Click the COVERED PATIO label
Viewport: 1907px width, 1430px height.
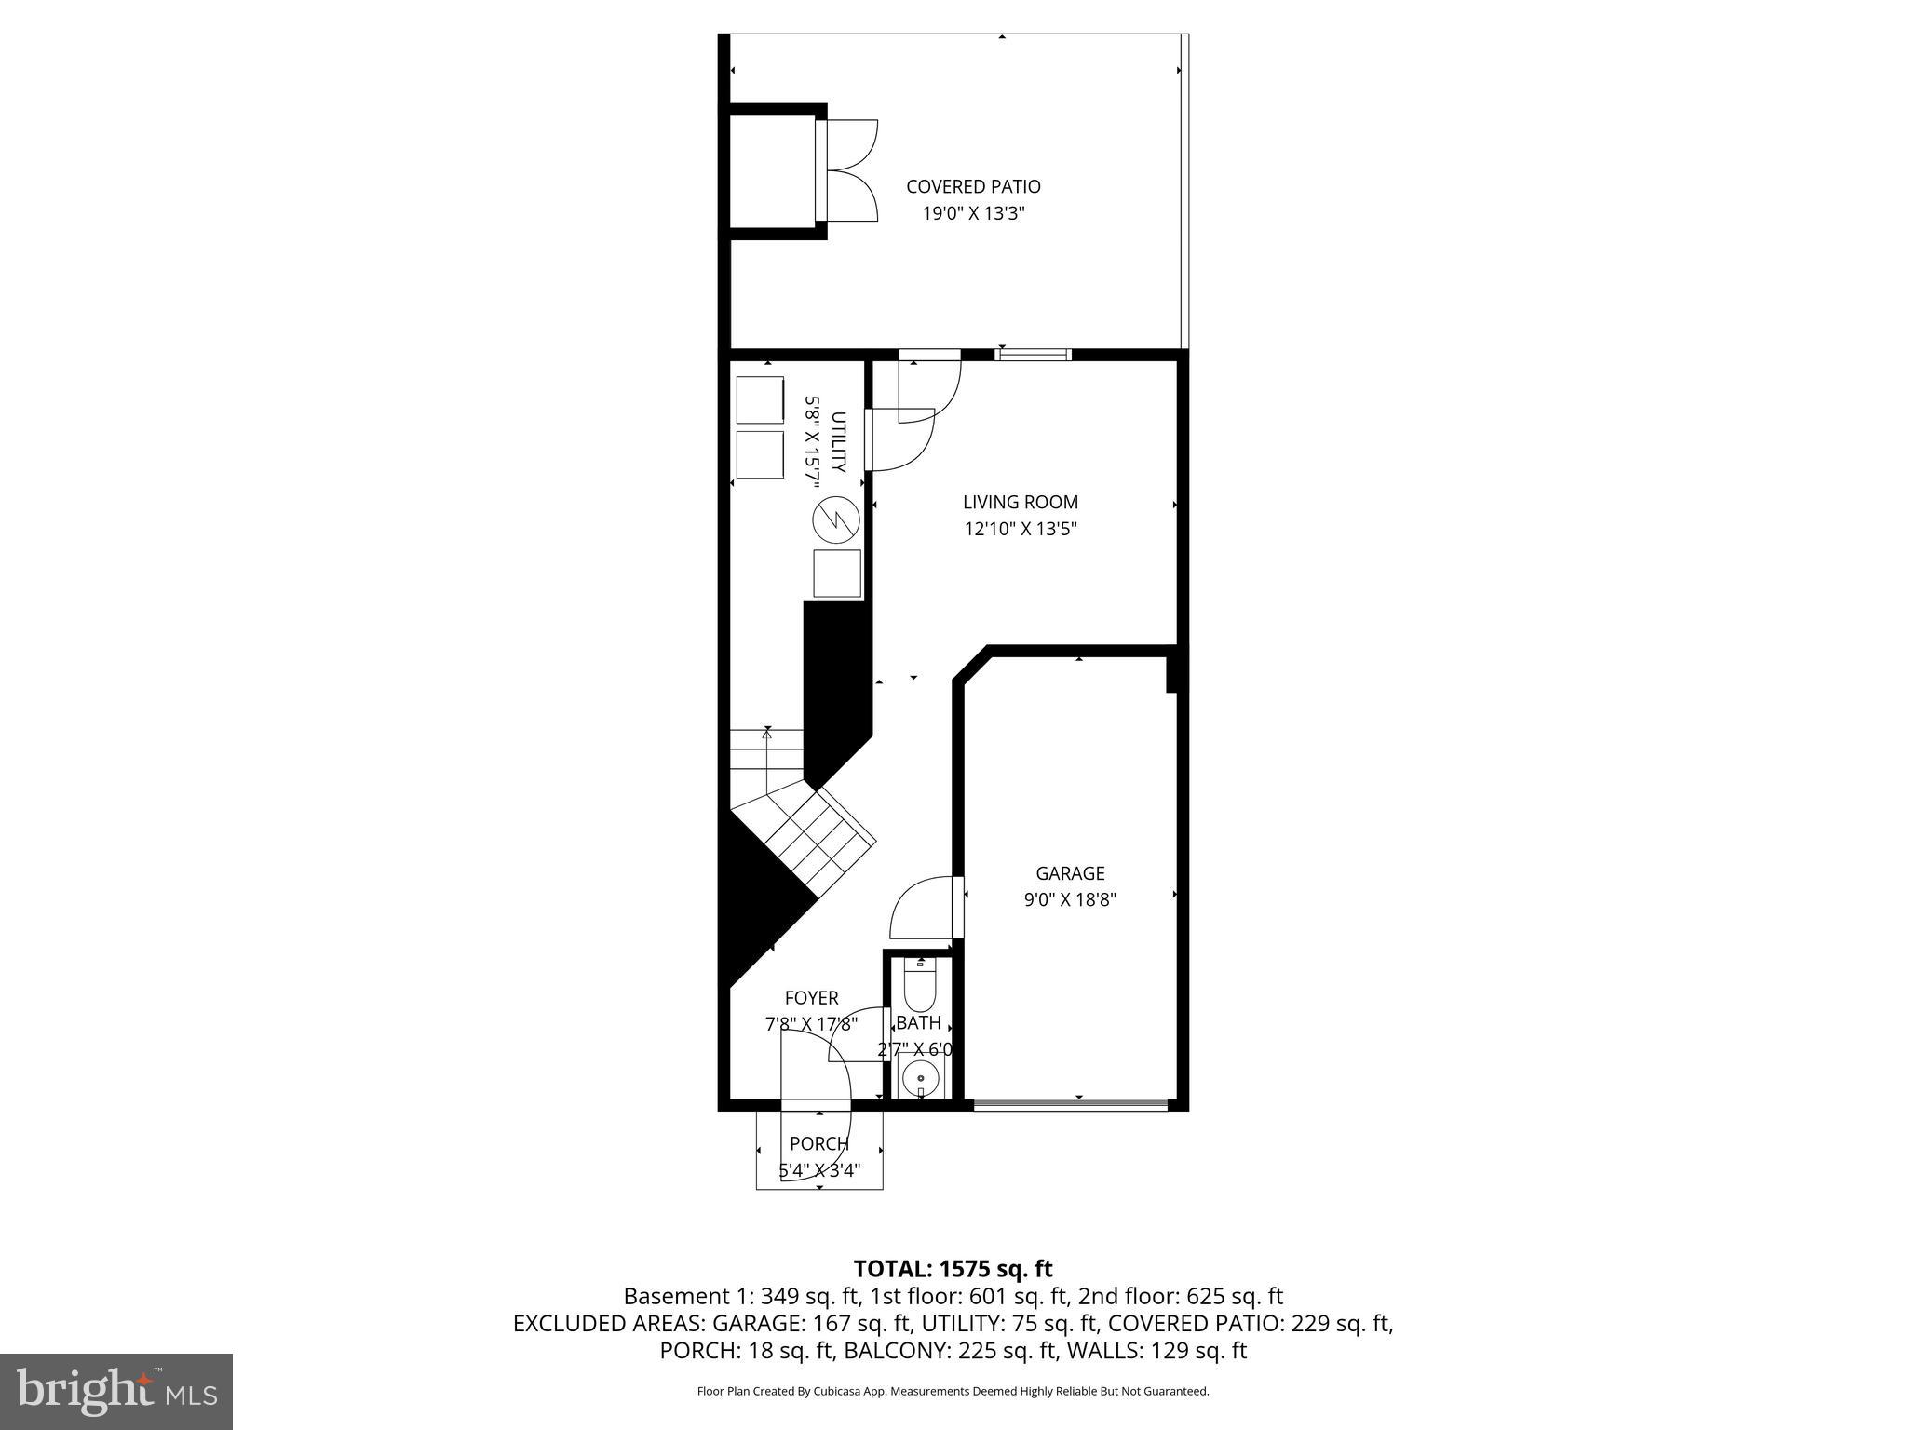[x=973, y=187]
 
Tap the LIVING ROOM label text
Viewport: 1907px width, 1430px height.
[x=1020, y=503]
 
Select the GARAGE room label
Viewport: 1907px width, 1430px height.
[x=1070, y=873]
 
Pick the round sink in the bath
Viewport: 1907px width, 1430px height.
[x=921, y=1079]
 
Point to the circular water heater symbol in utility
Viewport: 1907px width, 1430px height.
[x=835, y=521]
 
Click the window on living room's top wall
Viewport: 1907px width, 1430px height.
[x=1033, y=354]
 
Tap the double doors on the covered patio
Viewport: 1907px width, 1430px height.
[x=851, y=170]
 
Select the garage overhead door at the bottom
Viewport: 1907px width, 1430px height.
[x=1071, y=1105]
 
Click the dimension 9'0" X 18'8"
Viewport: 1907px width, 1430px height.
[x=1070, y=900]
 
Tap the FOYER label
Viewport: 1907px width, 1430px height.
[x=811, y=998]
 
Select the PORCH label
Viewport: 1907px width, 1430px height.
[x=819, y=1143]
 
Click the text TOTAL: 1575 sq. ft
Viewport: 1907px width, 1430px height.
[x=953, y=1269]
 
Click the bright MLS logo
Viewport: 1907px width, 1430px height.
[x=116, y=1392]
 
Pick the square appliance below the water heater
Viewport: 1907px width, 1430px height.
[x=836, y=573]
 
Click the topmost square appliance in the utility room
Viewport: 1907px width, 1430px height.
[x=760, y=400]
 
